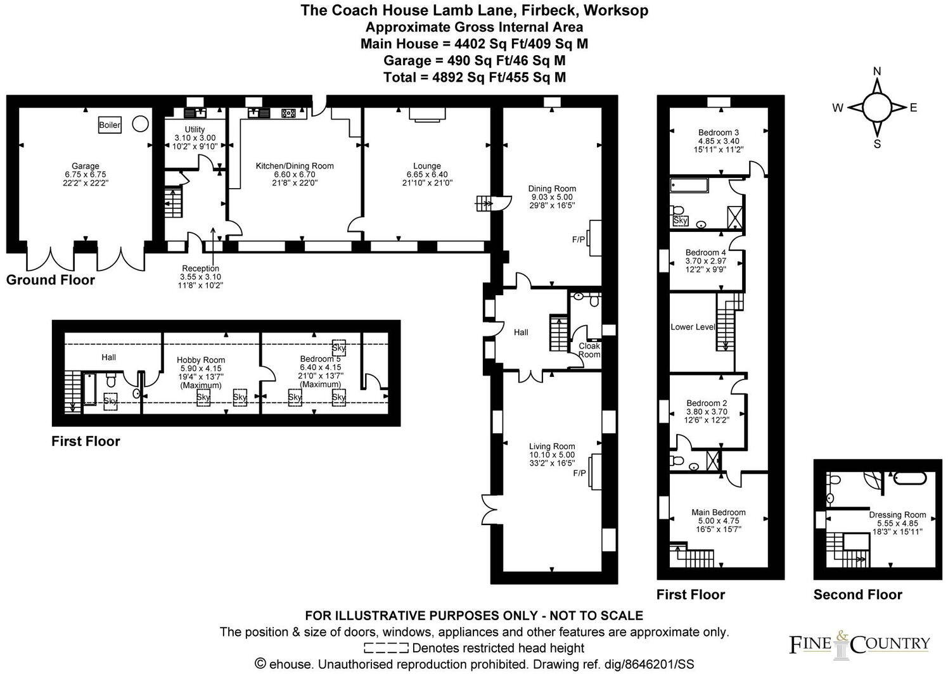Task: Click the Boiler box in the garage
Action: click(110, 125)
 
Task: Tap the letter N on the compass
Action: click(877, 71)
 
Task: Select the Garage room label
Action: click(86, 167)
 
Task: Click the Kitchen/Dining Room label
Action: click(294, 166)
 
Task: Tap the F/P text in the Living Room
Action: click(579, 473)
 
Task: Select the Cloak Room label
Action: click(589, 350)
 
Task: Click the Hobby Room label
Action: click(201, 360)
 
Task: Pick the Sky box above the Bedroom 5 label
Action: click(339, 348)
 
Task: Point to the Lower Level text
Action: click(693, 327)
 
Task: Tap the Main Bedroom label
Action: click(718, 512)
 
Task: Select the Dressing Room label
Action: click(897, 515)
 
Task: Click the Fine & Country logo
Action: click(859, 644)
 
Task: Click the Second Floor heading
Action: click(857, 594)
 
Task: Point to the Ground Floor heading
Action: click(51, 280)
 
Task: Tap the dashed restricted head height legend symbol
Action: click(386, 648)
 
